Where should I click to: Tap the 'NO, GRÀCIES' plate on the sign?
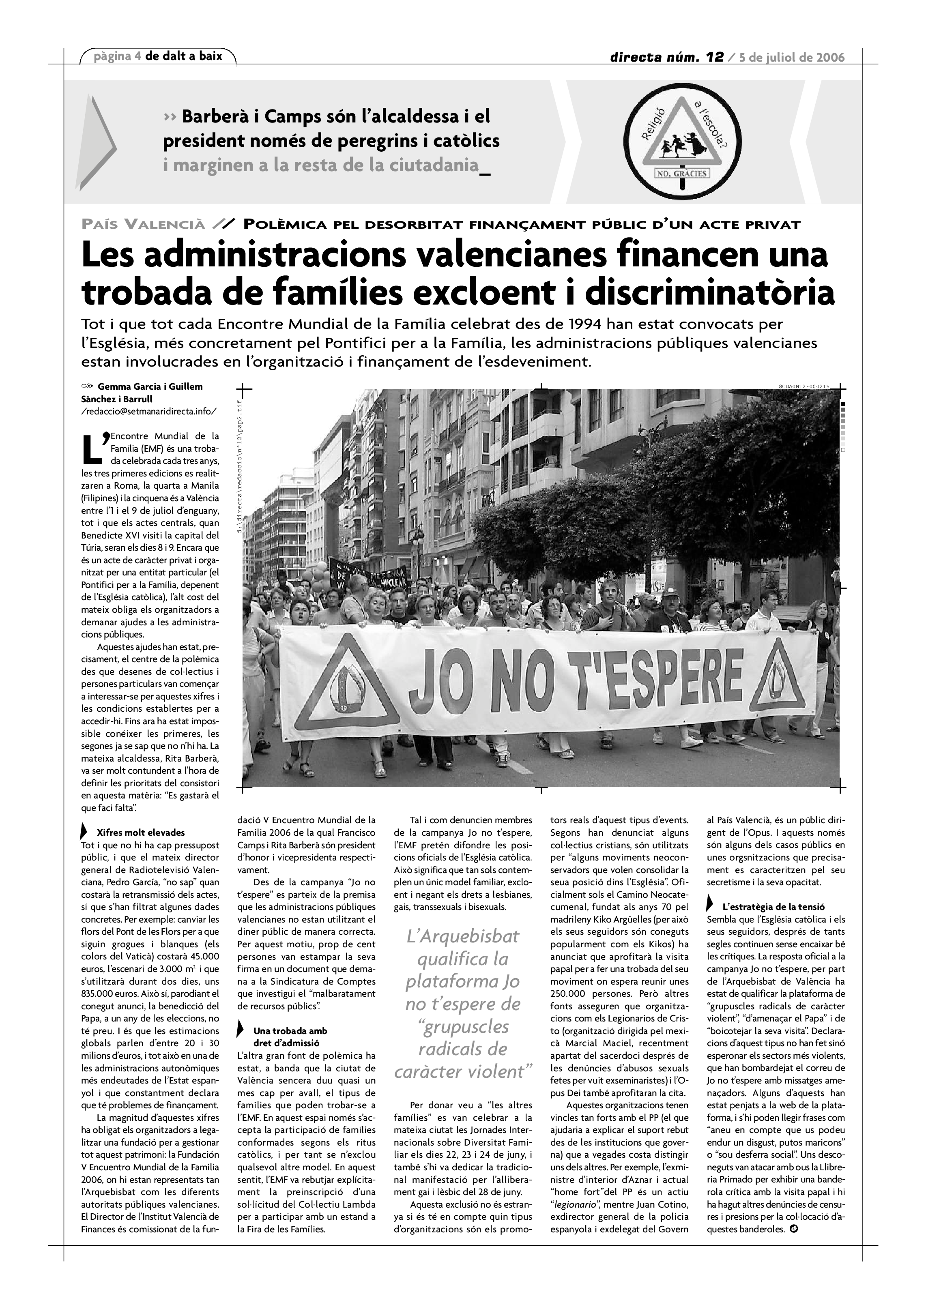pos(681,173)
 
